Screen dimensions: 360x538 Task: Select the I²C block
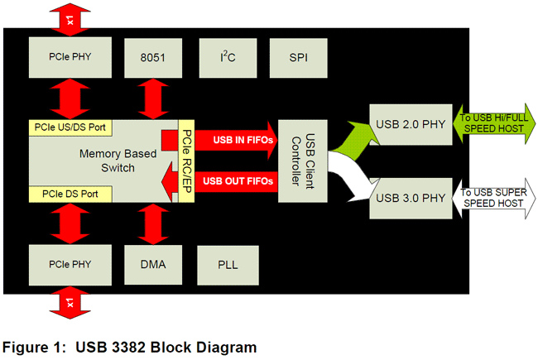point(228,58)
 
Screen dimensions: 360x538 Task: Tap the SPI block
point(299,58)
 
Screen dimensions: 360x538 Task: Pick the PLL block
point(228,266)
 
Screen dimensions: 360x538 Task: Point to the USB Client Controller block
point(300,161)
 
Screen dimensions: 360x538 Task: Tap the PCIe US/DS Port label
point(71,128)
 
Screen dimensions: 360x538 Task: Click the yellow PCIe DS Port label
point(66,194)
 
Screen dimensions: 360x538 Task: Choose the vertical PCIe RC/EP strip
point(186,161)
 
